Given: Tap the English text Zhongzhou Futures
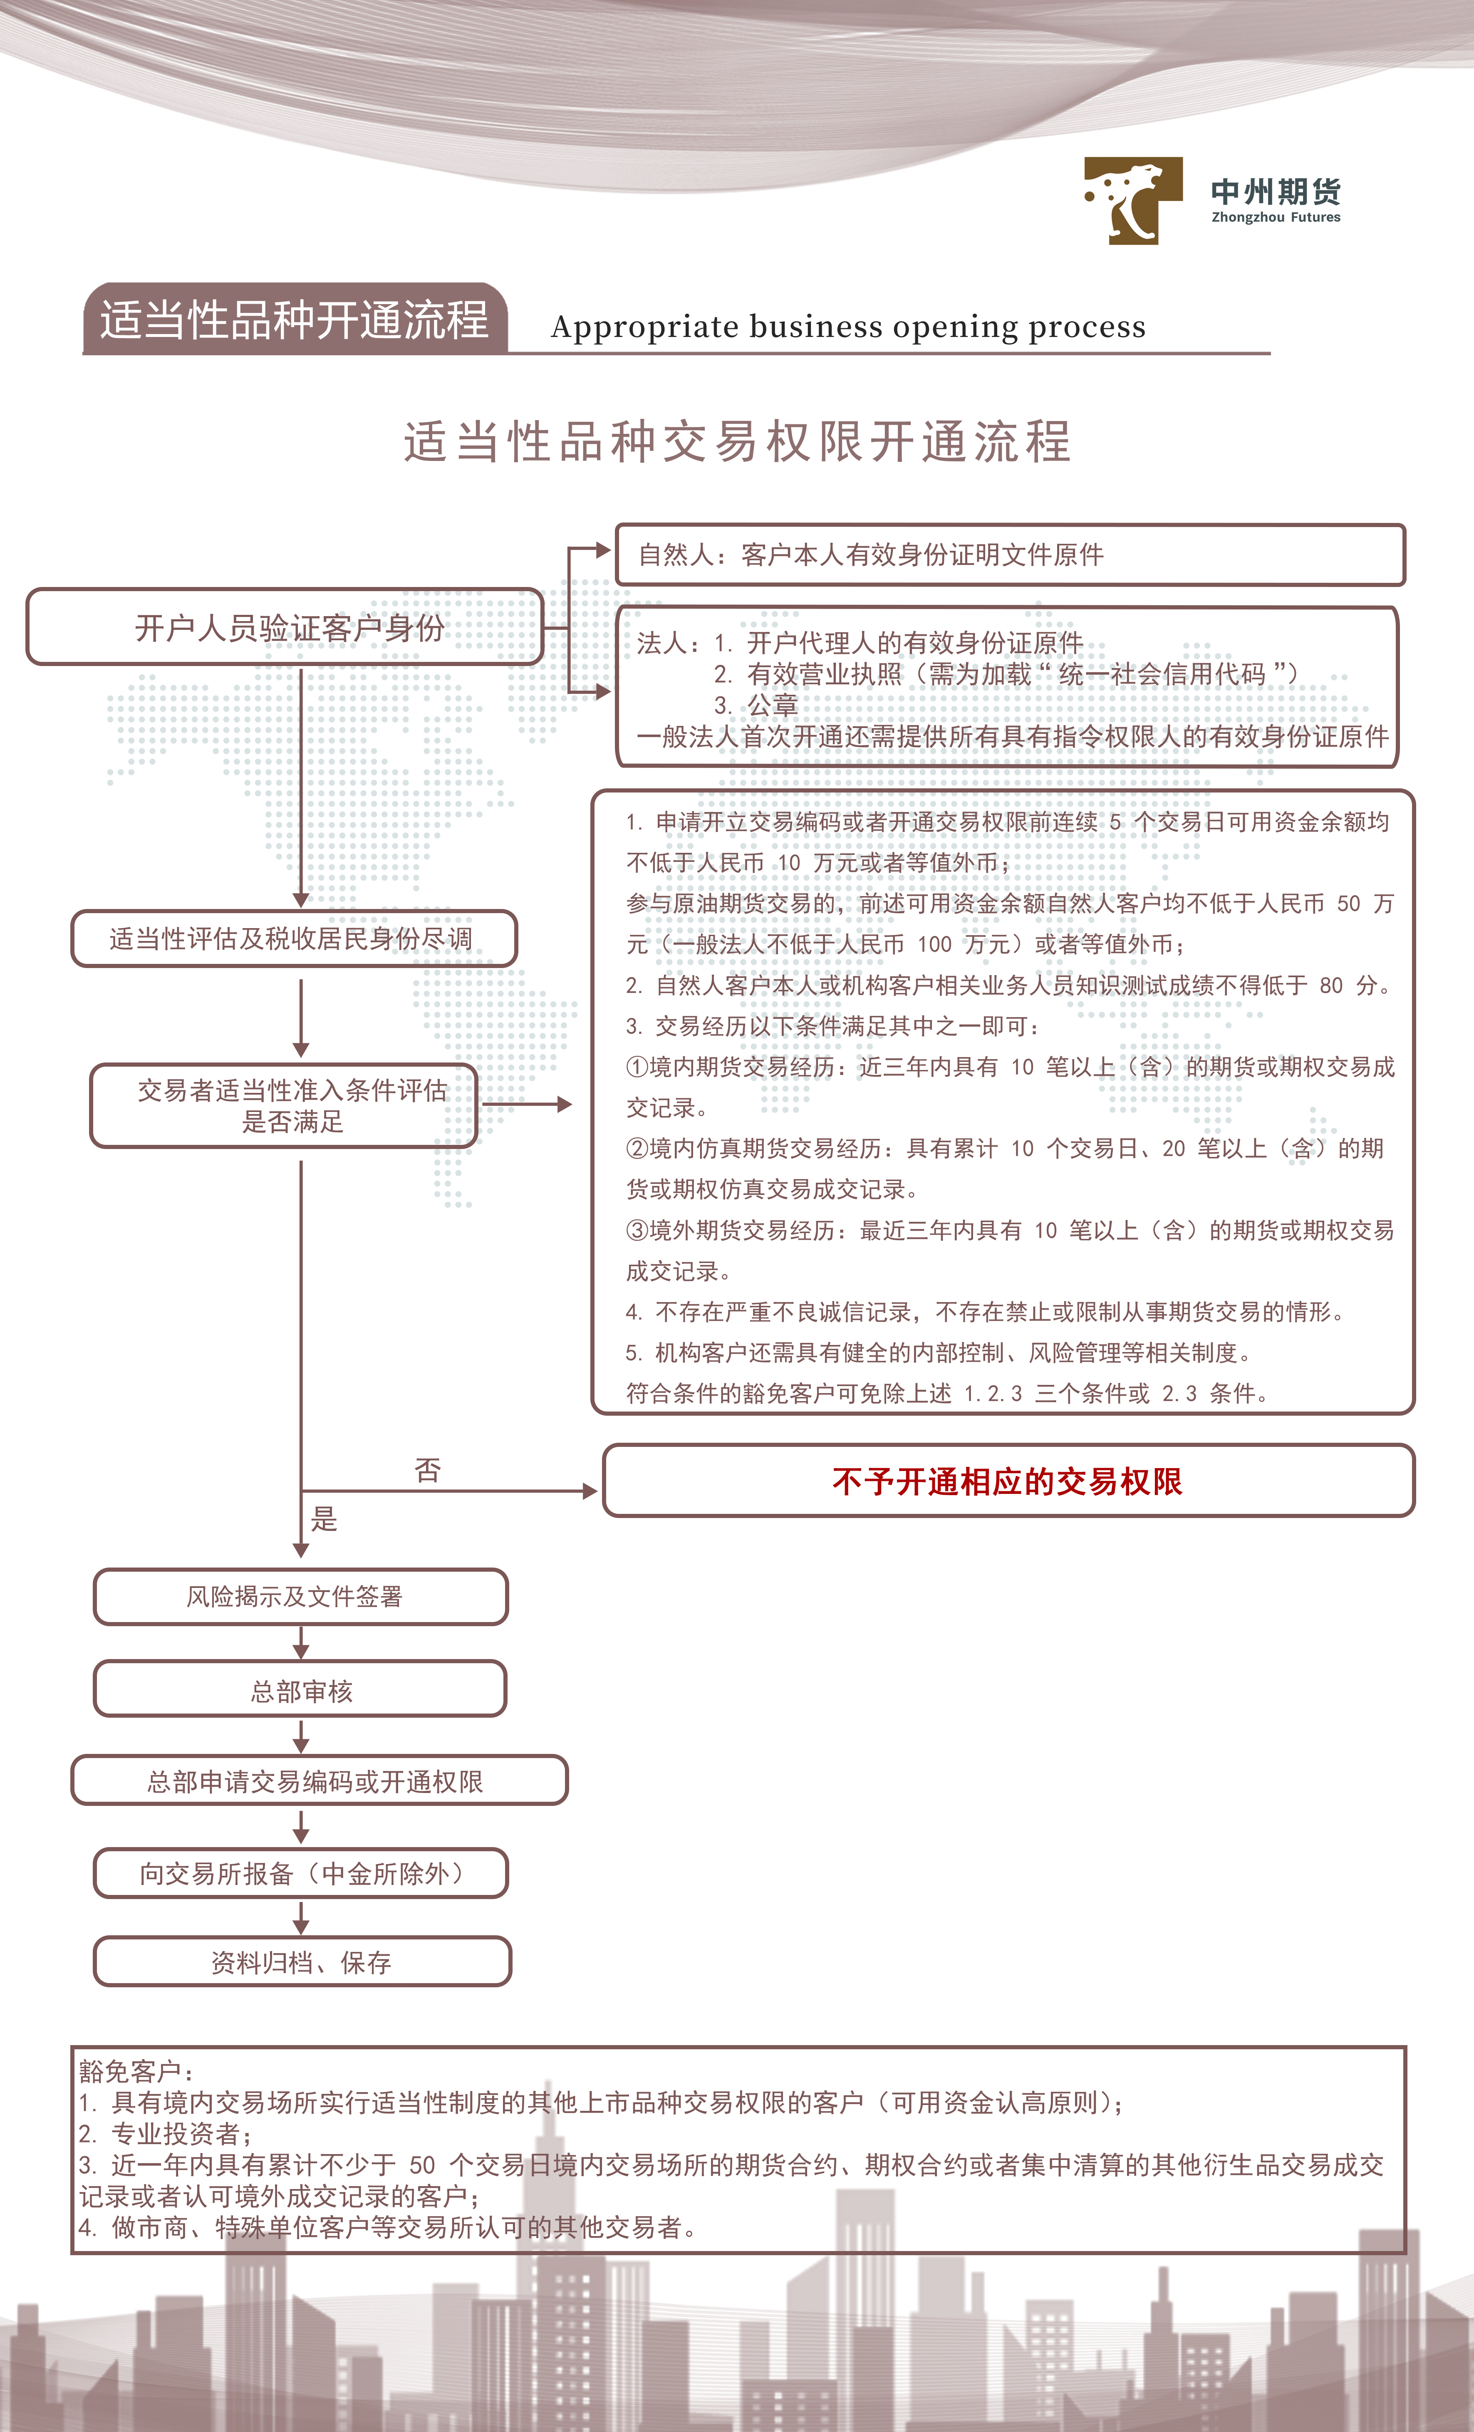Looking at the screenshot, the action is [x=1276, y=217].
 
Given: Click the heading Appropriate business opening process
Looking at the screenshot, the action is [x=848, y=327].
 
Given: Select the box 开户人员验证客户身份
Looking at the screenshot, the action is [x=285, y=627].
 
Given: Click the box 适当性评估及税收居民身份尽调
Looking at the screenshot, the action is [x=294, y=939].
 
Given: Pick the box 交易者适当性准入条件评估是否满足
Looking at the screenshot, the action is [x=284, y=1105].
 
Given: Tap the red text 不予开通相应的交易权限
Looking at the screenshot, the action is [x=1007, y=1481].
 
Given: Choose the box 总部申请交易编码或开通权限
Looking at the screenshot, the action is [x=319, y=1781].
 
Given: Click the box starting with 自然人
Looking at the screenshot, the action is [x=1010, y=555].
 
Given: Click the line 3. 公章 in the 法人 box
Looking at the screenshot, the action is [x=756, y=705].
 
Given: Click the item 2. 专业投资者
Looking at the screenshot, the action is [x=165, y=2134].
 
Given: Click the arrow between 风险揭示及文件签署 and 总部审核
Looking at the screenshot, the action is [x=301, y=1642].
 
